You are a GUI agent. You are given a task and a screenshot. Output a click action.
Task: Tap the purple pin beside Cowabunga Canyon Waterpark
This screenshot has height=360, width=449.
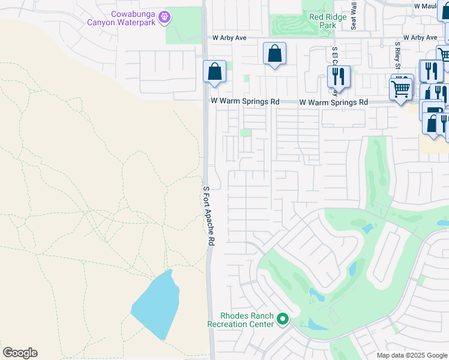[x=165, y=18]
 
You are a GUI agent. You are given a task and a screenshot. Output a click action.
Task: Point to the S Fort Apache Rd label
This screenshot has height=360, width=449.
[x=208, y=214]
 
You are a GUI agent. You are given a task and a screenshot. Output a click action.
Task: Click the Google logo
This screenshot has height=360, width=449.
[x=20, y=353]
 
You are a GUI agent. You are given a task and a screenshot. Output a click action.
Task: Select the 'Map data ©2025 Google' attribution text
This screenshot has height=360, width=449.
[x=412, y=355]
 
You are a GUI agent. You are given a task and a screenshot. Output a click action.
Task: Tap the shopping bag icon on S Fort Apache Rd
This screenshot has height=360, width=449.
[x=214, y=72]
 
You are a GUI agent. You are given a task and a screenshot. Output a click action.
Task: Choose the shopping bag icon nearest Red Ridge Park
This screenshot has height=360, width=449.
[x=274, y=53]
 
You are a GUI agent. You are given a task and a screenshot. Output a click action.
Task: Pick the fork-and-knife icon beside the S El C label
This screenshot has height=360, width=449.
[x=339, y=76]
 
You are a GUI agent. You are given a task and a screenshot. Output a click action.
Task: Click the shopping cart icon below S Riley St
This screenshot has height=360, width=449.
[x=400, y=89]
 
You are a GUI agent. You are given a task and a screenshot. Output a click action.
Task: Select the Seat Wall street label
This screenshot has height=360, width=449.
[x=354, y=15]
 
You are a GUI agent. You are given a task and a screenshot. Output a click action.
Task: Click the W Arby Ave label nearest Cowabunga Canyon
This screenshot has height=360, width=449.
[x=229, y=37]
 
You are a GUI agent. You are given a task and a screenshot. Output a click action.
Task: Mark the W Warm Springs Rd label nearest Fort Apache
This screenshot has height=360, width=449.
[x=244, y=102]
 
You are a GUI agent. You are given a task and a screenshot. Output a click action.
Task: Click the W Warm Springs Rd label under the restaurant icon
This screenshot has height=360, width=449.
[x=333, y=103]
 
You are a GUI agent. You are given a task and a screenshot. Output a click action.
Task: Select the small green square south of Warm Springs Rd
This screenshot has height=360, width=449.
[x=246, y=133]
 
